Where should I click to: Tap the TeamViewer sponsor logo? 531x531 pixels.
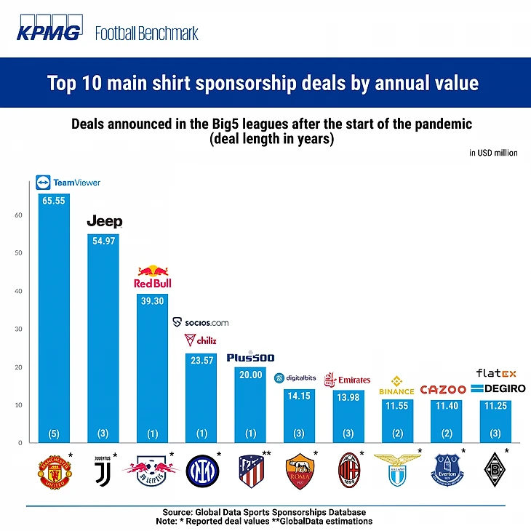(68, 183)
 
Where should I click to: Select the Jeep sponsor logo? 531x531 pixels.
(105, 221)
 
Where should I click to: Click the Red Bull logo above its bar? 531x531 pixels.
(153, 277)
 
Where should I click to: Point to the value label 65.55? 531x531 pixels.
(54, 199)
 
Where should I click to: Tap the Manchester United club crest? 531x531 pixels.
(54, 471)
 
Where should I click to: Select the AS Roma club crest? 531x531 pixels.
(300, 471)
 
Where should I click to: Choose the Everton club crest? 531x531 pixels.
(447, 471)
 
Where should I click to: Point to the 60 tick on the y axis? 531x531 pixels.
(17, 215)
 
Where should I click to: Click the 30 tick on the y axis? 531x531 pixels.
(17, 329)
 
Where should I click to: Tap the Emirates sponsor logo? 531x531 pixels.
(347, 380)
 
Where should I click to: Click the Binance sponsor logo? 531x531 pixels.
(396, 386)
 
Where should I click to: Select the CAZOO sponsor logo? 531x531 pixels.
(443, 390)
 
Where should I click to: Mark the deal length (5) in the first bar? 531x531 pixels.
(54, 434)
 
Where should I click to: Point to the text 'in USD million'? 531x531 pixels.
(493, 153)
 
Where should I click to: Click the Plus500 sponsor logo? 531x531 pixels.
(250, 357)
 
